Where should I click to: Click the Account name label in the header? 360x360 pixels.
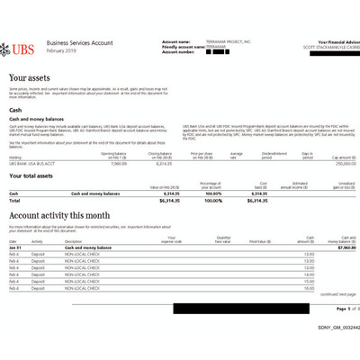[175, 41]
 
